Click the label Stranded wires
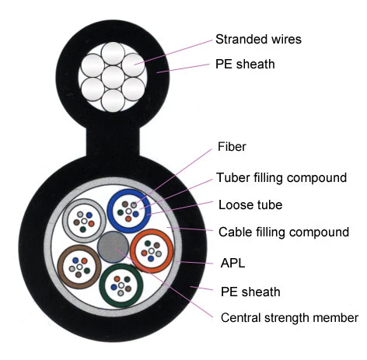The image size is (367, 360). coord(258,40)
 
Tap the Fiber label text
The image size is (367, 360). coord(232,147)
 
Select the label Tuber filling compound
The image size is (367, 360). coord(281,178)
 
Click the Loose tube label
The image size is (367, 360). coord(250,204)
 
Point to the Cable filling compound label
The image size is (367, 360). coord(284,232)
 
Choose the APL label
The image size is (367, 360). coord(232,263)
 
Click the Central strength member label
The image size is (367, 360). coord(289,318)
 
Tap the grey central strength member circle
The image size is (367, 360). coord(113,246)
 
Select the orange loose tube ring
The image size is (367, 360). coord(132,251)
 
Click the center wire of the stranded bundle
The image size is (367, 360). coord(113,77)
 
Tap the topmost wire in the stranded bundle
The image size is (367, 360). coord(113,54)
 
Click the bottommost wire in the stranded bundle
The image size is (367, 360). coord(113,100)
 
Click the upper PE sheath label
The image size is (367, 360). coord(245,64)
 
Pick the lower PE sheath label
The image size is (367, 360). coord(250,292)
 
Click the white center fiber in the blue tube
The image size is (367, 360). coord(128,211)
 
